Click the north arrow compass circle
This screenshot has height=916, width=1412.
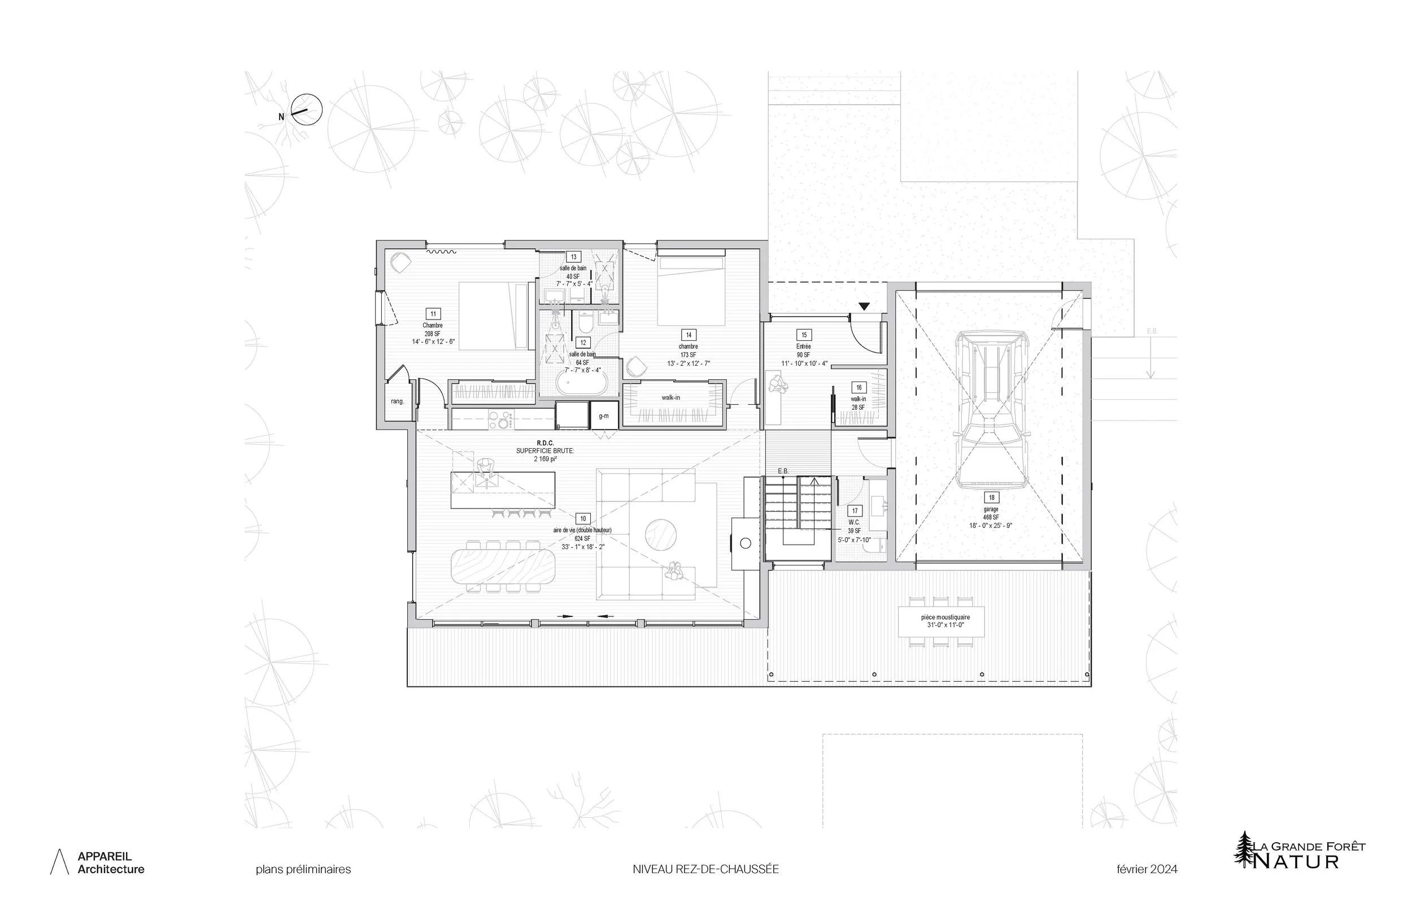[307, 110]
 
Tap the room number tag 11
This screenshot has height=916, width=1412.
[433, 314]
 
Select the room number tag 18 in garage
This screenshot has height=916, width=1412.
[991, 497]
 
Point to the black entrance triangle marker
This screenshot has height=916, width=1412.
[864, 306]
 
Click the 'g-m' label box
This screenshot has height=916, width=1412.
[603, 415]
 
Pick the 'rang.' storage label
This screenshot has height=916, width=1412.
[397, 401]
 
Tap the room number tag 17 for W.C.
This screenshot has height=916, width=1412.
[855, 510]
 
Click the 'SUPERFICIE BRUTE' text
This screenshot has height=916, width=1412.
[544, 450]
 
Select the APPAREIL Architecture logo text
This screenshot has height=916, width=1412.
[110, 862]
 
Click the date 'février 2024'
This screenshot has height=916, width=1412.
[1146, 869]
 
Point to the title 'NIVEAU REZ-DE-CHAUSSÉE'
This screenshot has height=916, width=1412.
[705, 869]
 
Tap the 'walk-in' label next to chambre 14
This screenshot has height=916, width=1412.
[670, 397]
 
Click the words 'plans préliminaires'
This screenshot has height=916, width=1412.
[303, 869]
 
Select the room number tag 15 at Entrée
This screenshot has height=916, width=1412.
[804, 335]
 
